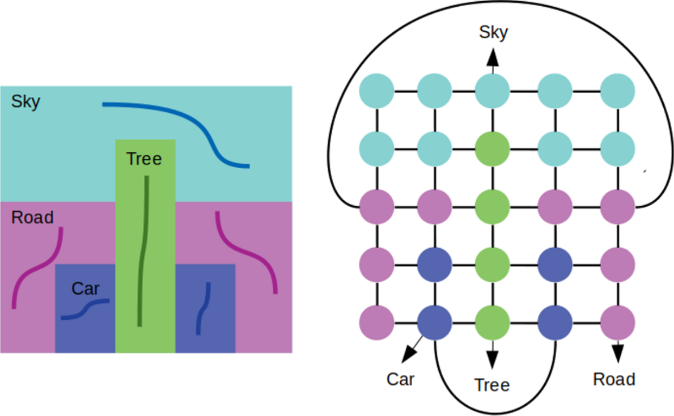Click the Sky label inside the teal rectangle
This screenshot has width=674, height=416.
pos(26,102)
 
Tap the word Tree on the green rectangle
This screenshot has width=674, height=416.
pos(144,159)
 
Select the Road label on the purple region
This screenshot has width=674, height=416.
pos(32,218)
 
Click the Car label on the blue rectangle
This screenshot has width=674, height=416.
pos(86,289)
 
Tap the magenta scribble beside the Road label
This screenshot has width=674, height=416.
pos(37,269)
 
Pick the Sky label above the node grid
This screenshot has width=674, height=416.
pos(494,32)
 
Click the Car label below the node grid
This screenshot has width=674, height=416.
pos(401,379)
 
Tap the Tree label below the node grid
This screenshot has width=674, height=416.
pos(492,385)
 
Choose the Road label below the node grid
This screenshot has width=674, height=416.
pos(614,379)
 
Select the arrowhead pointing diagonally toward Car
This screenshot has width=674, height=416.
pos(409,355)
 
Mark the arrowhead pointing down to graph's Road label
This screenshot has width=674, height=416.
pos(617,353)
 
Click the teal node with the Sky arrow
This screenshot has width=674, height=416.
pos(492,90)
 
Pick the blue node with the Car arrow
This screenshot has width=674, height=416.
pos(434,324)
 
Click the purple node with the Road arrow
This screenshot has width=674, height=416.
pos(617,324)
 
